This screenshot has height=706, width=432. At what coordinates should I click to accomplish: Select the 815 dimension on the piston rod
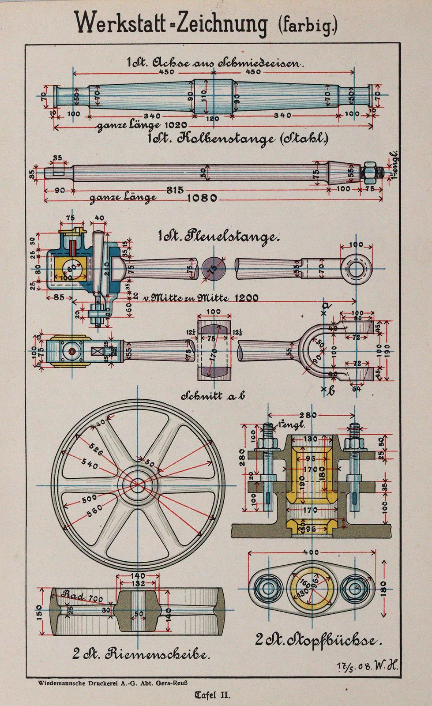175,190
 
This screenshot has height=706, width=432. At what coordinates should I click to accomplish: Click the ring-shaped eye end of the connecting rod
357,269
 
